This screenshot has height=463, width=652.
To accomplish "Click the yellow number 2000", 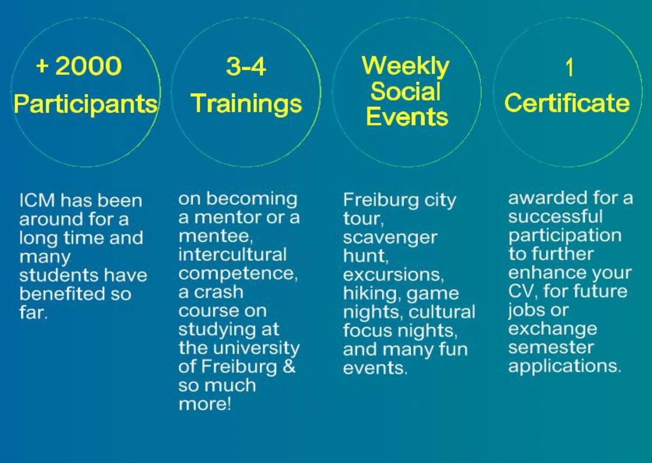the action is [x=89, y=66].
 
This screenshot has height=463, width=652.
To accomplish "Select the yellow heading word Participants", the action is [x=86, y=104].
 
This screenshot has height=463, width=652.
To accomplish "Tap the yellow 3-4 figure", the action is [x=246, y=67].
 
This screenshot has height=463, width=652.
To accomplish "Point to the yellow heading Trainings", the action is [x=246, y=104].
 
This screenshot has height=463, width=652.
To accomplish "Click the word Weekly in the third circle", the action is [x=406, y=67].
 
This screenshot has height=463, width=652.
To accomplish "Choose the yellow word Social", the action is [x=405, y=91].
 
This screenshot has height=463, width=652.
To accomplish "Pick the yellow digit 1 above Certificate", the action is [x=569, y=67].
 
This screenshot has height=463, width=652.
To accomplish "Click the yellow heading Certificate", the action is [x=567, y=103].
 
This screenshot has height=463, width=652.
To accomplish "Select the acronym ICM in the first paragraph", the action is [x=37, y=201].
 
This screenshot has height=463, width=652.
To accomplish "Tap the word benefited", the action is [x=62, y=293].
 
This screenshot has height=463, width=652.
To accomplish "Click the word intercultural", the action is [x=233, y=254].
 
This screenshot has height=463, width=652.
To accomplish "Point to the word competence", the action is [x=238, y=274].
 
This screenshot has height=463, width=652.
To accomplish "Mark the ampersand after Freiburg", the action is [x=289, y=366].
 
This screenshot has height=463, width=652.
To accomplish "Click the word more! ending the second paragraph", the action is [x=205, y=404].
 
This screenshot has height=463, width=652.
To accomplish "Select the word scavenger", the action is [x=390, y=239].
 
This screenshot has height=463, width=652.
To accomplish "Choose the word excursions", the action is [x=393, y=274].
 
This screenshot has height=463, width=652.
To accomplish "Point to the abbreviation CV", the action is [x=523, y=291].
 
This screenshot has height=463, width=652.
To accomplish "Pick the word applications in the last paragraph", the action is [x=565, y=366].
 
